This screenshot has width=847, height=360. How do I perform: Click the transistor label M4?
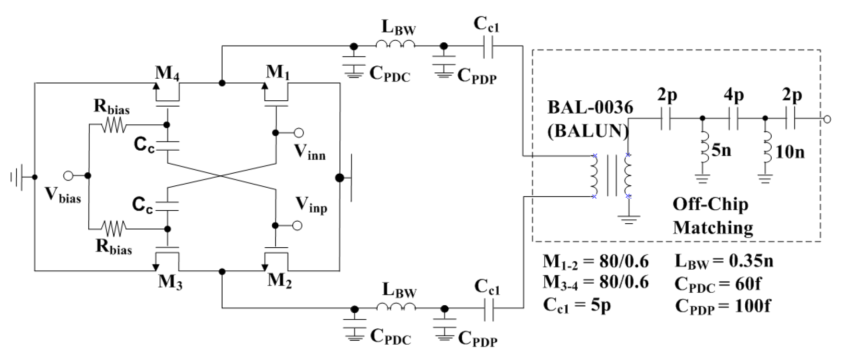pyautogui.click(x=167, y=73)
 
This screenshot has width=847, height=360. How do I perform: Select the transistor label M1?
pyautogui.click(x=278, y=72)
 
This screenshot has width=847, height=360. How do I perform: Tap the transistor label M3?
pyautogui.click(x=170, y=281)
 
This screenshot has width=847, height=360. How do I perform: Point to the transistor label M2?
pyautogui.click(x=279, y=280)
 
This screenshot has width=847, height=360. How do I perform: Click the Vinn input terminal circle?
pyautogui.click(x=298, y=132)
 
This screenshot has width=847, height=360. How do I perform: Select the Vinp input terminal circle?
pyautogui.click(x=298, y=225)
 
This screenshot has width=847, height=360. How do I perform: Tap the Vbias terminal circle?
pyautogui.click(x=68, y=176)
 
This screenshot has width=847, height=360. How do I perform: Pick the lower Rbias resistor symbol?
pyautogui.click(x=113, y=228)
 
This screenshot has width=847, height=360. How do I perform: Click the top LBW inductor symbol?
pyautogui.click(x=395, y=45)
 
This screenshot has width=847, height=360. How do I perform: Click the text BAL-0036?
pyautogui.click(x=590, y=108)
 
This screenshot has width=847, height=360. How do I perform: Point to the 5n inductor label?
pyautogui.click(x=721, y=150)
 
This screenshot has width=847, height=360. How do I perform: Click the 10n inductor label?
pyautogui.click(x=790, y=152)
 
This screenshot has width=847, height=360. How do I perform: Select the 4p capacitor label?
pyautogui.click(x=733, y=95)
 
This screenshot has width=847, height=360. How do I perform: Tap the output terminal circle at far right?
pyautogui.click(x=827, y=119)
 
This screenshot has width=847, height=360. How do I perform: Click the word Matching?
pyautogui.click(x=713, y=227)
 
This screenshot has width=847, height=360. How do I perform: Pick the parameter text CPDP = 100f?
pyautogui.click(x=722, y=306)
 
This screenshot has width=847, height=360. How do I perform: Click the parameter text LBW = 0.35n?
pyautogui.click(x=724, y=261)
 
